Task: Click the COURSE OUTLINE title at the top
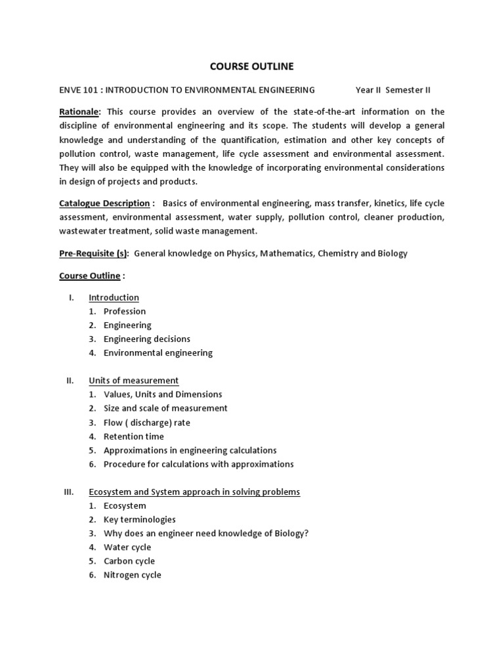251,66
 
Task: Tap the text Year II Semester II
392,90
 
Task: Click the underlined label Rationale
79,112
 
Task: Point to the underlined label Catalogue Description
104,203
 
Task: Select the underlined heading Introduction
114,297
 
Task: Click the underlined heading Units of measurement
133,381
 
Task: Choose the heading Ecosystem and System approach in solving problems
194,492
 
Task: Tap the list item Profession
125,311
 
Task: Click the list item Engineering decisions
147,339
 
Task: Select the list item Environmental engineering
158,353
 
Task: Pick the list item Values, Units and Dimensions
163,394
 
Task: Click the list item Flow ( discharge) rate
147,423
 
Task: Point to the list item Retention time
134,436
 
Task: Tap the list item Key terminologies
140,520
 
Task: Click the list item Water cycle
127,547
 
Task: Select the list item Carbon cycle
129,561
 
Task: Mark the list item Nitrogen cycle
132,575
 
